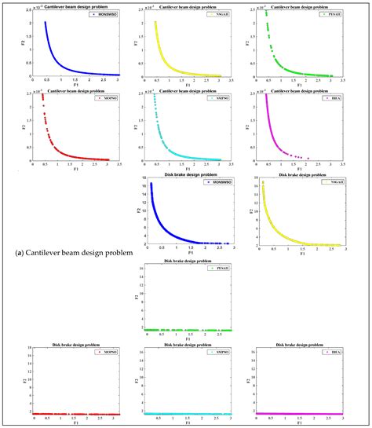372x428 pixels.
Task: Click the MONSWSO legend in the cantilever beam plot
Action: pos(101,14)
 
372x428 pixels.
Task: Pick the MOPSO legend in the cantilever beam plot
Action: pos(102,99)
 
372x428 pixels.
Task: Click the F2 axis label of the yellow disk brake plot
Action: pos(257,212)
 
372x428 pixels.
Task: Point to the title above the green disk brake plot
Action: pos(188,262)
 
